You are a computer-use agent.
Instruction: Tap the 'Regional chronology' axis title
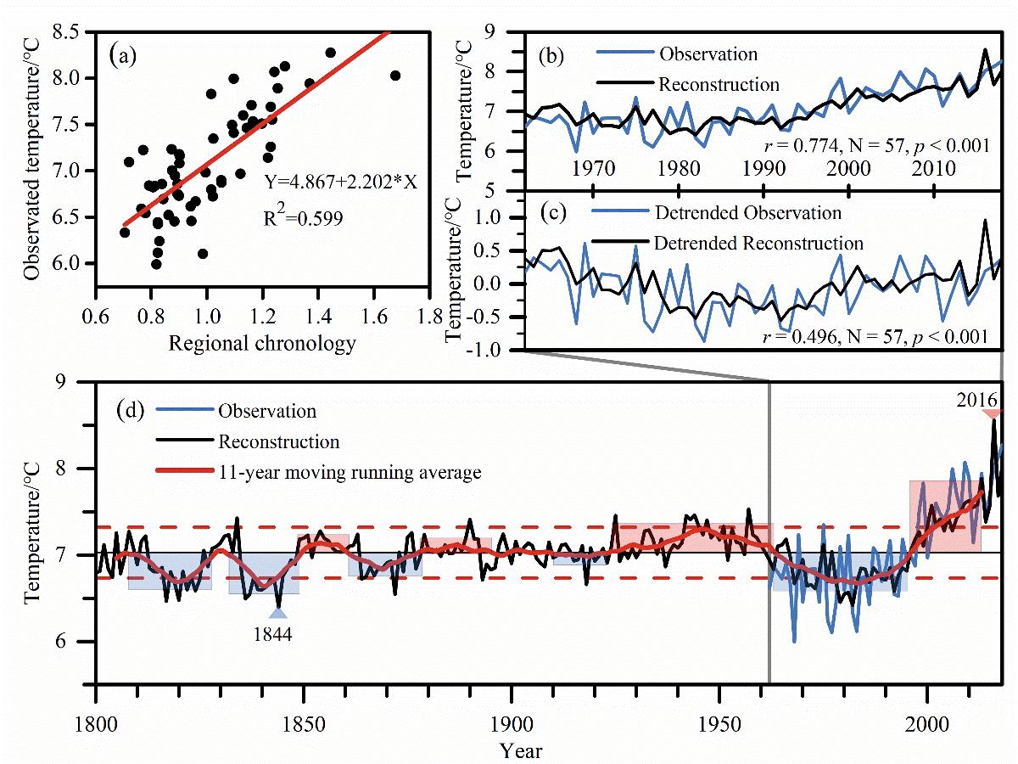click(x=262, y=343)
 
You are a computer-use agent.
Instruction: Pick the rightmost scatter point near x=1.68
click(x=394, y=76)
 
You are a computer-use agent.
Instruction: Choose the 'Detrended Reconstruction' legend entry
click(x=758, y=243)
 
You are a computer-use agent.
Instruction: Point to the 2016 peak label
click(x=990, y=397)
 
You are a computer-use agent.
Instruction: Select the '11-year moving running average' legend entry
click(x=350, y=473)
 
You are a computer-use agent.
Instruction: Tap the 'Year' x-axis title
click(x=521, y=750)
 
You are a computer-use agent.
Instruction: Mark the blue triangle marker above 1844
click(x=278, y=614)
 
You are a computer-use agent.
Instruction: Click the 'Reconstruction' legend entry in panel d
click(x=279, y=442)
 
